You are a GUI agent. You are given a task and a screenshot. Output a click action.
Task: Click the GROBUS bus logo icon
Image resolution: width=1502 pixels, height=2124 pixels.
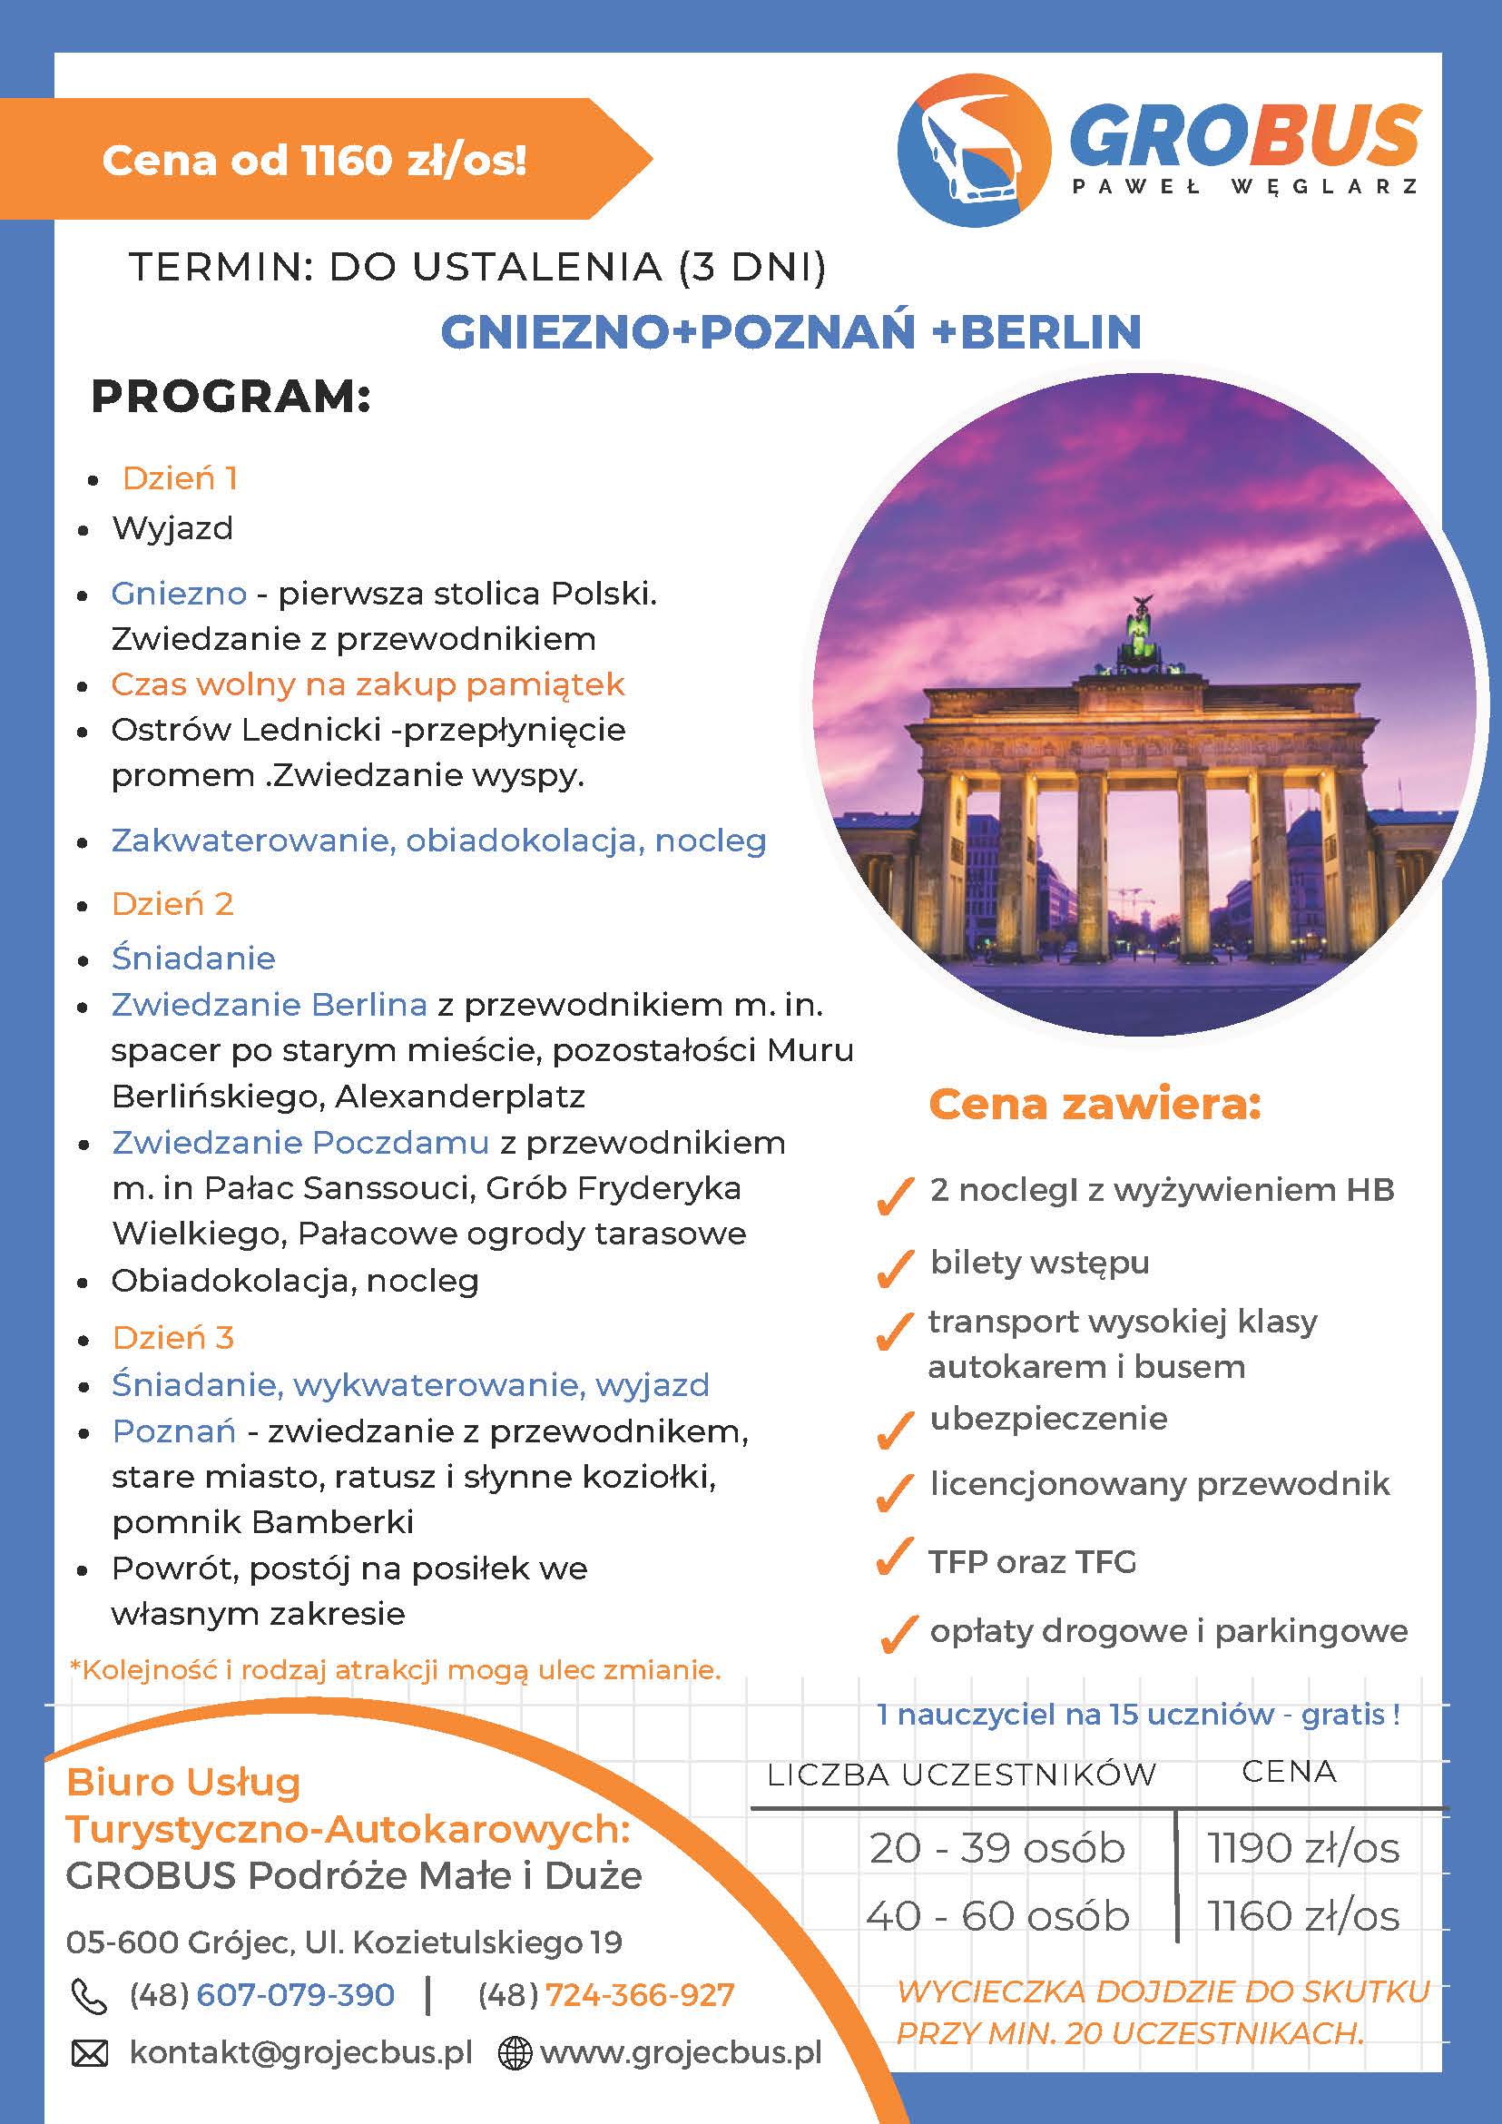(x=974, y=150)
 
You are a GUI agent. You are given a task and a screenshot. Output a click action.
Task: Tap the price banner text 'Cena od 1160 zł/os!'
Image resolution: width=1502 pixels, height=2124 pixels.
(x=314, y=160)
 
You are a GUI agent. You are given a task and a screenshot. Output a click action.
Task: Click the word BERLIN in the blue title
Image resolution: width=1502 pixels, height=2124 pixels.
(x=1051, y=332)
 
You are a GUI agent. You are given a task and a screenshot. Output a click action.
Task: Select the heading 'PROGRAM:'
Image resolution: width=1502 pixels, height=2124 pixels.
(x=231, y=397)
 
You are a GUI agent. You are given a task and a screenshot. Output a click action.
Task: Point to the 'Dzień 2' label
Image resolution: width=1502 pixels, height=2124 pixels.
(x=172, y=904)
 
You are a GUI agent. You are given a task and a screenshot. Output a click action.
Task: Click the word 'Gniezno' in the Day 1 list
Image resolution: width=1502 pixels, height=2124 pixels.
(x=179, y=593)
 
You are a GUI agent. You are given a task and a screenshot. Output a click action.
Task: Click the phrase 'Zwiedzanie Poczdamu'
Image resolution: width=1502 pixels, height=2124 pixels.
(x=299, y=1143)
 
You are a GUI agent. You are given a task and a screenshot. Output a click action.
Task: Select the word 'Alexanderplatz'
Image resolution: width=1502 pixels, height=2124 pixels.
(x=459, y=1096)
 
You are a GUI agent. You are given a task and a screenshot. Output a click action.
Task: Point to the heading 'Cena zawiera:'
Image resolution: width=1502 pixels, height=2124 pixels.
(x=1095, y=1104)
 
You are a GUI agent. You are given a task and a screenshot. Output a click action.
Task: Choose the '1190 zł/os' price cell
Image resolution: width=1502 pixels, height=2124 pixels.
(x=1302, y=1848)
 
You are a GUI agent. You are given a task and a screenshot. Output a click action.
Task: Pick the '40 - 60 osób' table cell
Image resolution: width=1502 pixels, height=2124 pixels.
(x=997, y=1916)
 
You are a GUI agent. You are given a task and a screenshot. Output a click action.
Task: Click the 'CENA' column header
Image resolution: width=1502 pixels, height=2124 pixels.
(x=1289, y=1772)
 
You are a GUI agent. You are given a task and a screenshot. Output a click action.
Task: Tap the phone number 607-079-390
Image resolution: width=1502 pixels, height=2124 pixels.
(x=295, y=1995)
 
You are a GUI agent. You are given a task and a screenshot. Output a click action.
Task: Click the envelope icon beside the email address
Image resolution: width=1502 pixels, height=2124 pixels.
(x=90, y=2054)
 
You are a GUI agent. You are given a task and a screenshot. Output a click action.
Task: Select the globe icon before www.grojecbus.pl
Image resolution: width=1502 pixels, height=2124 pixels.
(x=515, y=2054)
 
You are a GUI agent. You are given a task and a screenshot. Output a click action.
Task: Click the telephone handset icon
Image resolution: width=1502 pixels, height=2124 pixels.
(x=89, y=1996)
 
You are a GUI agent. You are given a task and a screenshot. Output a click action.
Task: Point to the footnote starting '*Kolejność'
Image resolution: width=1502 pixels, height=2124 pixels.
(x=395, y=1670)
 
